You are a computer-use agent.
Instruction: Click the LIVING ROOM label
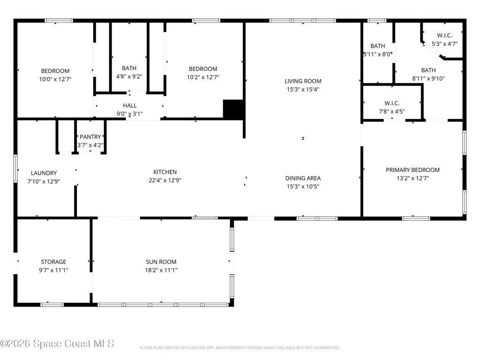click(303, 81)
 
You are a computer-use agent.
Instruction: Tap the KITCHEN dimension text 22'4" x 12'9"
click(165, 180)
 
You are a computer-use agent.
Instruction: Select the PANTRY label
click(90, 137)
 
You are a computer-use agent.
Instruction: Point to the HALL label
click(129, 105)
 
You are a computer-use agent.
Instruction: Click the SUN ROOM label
click(161, 262)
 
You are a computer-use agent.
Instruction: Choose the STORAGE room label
click(53, 262)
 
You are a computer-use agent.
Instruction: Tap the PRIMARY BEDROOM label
click(412, 170)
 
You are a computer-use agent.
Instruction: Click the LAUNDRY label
click(44, 173)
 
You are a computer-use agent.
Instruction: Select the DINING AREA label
click(303, 178)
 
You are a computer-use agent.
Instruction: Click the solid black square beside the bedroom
click(233, 109)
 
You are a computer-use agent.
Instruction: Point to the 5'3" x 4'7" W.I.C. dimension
click(444, 44)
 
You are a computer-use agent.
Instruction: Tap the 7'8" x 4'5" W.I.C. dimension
click(392, 112)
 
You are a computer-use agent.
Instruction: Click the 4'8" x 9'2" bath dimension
click(129, 76)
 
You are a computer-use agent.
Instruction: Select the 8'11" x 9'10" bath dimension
click(428, 78)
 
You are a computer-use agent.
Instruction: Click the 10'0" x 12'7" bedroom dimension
click(55, 79)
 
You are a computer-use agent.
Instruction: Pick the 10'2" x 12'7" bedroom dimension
click(203, 77)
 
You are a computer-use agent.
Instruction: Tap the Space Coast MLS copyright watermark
click(57, 344)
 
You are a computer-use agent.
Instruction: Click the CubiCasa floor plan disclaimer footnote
click(240, 348)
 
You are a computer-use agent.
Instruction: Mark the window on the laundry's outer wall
click(15, 169)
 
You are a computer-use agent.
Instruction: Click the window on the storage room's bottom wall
click(52, 305)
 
